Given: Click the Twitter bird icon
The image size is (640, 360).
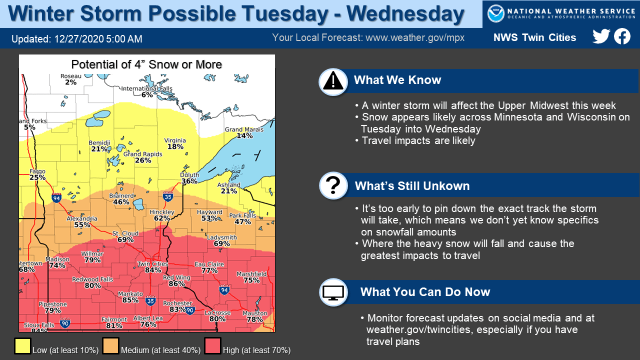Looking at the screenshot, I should pyautogui.click(x=601, y=37).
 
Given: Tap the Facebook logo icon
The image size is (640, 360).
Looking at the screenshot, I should pyautogui.click(x=622, y=36).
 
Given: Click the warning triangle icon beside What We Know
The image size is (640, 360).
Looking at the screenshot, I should pyautogui.click(x=333, y=81).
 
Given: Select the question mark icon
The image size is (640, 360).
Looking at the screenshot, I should pyautogui.click(x=333, y=186).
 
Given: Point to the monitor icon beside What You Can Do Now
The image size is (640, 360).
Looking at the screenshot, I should pyautogui.click(x=333, y=292).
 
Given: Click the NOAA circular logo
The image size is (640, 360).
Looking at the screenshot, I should pyautogui.click(x=495, y=13).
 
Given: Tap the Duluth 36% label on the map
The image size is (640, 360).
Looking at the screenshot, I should pyautogui.click(x=189, y=178).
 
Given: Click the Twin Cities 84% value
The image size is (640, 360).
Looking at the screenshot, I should pyautogui.click(x=153, y=270).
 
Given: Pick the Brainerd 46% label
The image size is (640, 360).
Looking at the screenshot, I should pyautogui.click(x=121, y=199).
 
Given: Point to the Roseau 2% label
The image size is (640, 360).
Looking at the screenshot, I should pyautogui.click(x=70, y=79).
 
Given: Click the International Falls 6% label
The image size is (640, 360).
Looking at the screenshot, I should pyautogui.click(x=147, y=91).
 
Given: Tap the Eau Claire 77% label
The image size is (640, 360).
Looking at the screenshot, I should pyautogui.click(x=209, y=267).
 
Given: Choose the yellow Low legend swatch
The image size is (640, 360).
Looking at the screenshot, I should pyautogui.click(x=22, y=346).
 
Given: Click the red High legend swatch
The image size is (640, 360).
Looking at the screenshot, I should pyautogui.click(x=212, y=346).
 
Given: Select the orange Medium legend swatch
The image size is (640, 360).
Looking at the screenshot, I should pyautogui.click(x=110, y=346).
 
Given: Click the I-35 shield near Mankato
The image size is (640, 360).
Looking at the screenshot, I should pyautogui.click(x=150, y=301).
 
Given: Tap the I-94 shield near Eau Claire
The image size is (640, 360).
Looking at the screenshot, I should pyautogui.click(x=224, y=290).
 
